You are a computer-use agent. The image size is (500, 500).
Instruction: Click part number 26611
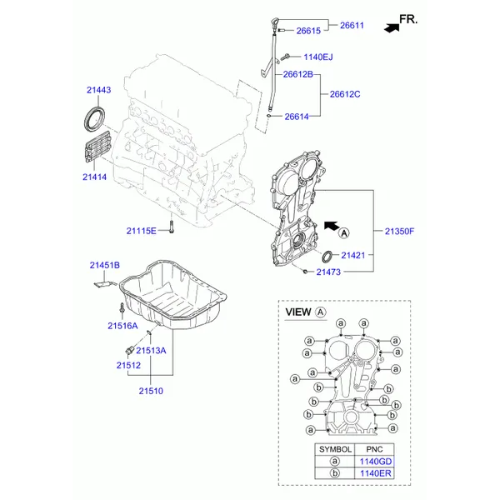tap(352, 25)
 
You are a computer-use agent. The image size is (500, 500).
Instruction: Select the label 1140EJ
tap(318, 57)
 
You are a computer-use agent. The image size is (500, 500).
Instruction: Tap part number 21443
tap(99, 90)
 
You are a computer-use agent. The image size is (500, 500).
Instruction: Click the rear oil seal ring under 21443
tap(94, 119)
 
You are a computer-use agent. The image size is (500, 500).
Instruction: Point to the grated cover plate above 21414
tap(97, 147)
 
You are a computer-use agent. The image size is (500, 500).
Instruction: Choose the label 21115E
tap(142, 231)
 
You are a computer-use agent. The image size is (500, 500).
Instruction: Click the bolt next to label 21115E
tap(172, 227)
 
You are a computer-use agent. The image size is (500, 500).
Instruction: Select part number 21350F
tap(399, 231)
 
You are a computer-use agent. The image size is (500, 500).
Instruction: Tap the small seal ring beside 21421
tap(327, 257)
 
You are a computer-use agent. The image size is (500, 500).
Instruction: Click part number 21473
tap(328, 272)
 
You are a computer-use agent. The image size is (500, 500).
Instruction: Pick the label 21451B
tap(105, 265)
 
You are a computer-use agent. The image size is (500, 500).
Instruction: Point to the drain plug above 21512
tap(129, 350)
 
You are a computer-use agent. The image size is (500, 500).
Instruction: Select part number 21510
tap(151, 391)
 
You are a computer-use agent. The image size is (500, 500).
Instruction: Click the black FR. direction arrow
tap(392, 28)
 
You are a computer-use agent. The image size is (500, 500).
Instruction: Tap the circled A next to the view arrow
tap(344, 233)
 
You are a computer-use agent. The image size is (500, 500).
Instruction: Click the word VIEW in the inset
tap(298, 312)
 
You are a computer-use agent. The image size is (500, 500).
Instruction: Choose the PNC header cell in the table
tap(374, 449)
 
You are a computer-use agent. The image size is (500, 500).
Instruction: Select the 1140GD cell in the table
tap(375, 462)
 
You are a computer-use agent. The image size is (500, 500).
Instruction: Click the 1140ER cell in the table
tap(375, 473)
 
